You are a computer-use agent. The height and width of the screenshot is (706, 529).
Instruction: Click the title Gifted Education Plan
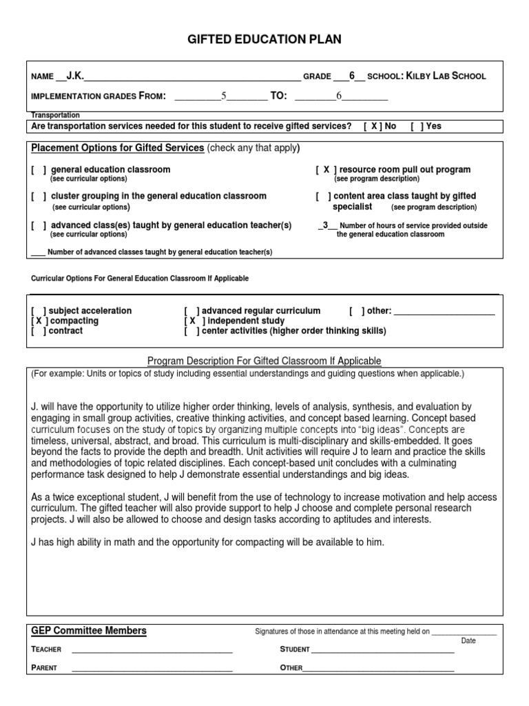264,39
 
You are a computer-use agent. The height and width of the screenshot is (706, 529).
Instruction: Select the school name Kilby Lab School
446,76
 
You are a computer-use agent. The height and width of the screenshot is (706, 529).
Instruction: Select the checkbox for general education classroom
39,170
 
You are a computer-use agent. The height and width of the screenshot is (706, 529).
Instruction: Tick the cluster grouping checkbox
39,196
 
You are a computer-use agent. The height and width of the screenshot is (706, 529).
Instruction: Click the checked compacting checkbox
39,321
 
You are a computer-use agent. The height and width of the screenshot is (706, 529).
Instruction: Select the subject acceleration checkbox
39,311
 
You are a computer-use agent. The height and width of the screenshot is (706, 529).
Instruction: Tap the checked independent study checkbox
193,321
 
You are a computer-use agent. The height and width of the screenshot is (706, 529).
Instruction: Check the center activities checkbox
192,331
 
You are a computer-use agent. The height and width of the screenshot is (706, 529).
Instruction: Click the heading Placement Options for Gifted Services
118,148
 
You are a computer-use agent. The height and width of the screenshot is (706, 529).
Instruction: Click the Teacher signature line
152,649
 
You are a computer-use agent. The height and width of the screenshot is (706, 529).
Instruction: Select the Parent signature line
152,668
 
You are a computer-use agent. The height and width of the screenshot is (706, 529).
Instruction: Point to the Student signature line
382,649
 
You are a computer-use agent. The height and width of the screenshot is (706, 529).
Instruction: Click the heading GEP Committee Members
89,631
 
